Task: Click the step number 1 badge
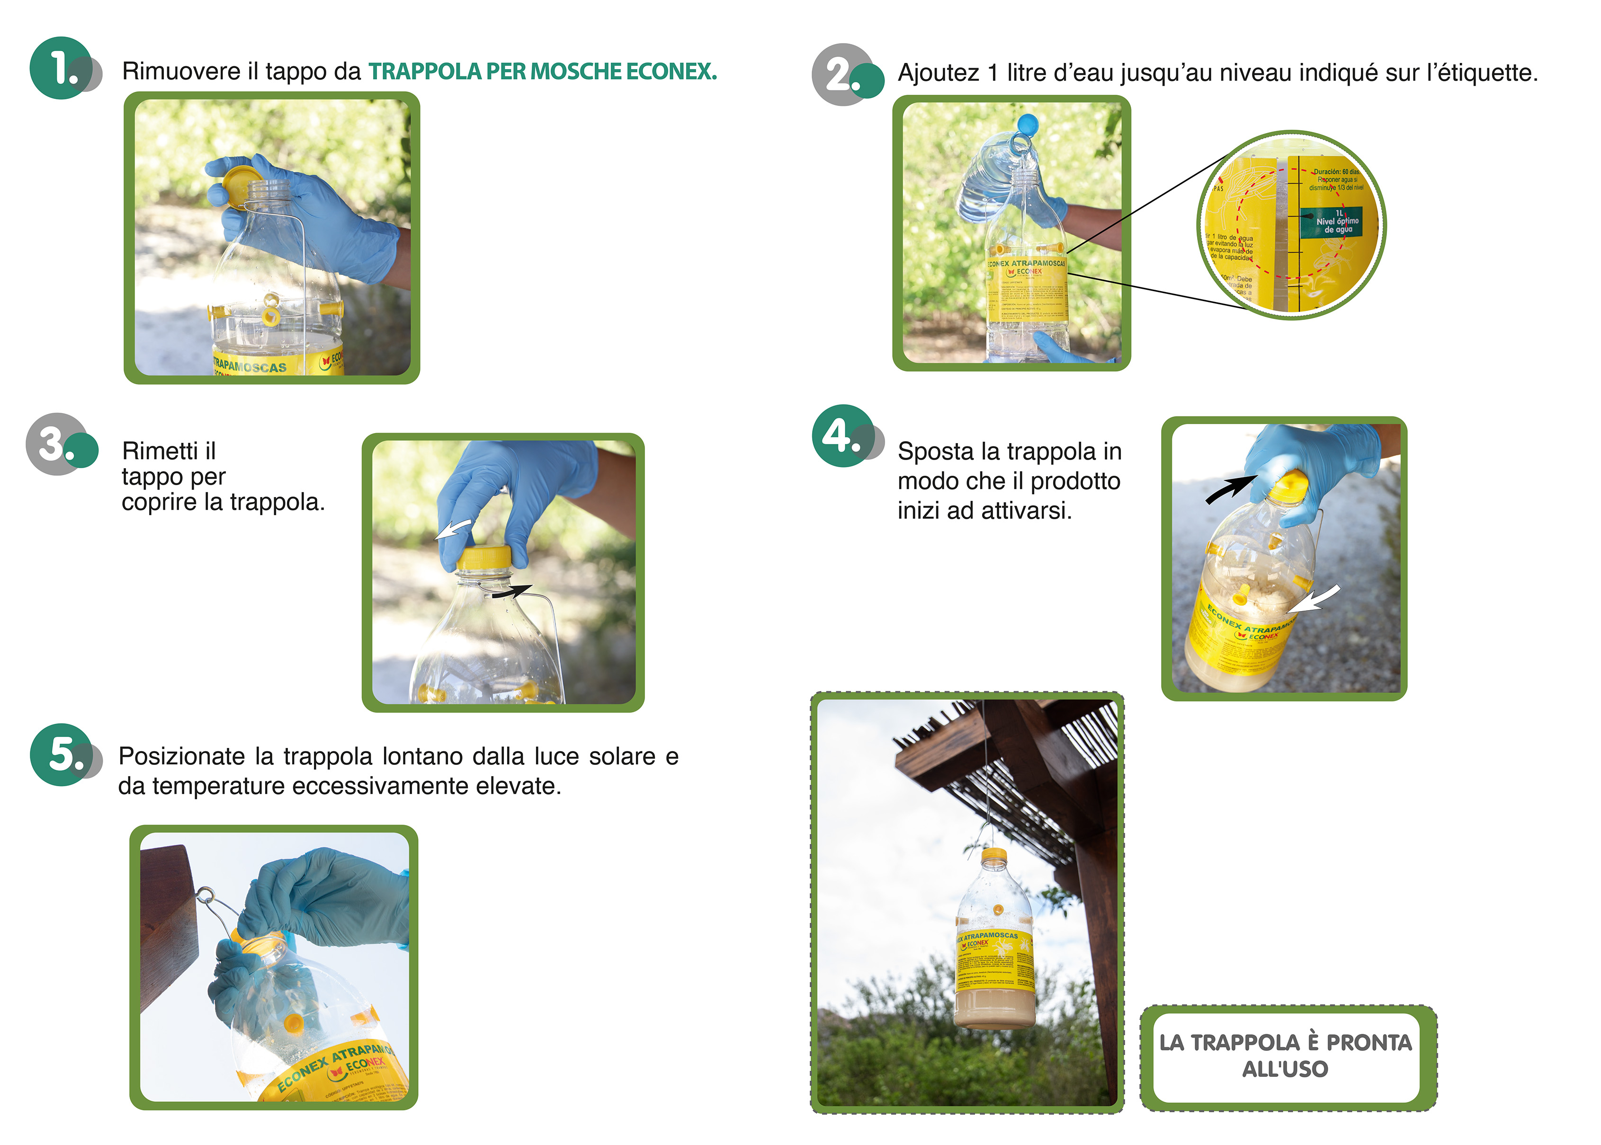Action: pos(62,68)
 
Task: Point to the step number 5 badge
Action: pos(62,754)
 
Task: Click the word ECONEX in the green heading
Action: pos(670,71)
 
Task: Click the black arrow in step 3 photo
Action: pos(512,592)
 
